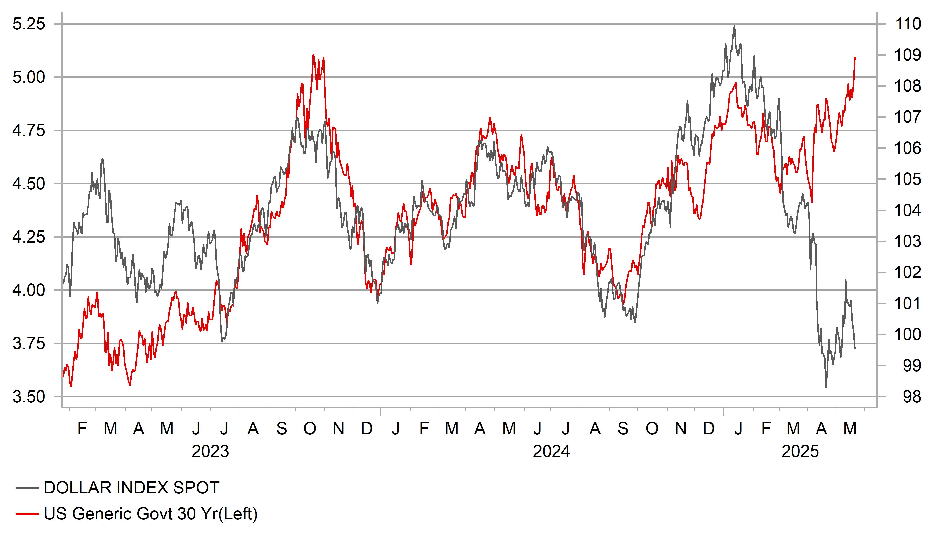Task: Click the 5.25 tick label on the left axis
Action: pyautogui.click(x=29, y=24)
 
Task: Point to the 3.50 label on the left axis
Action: pyautogui.click(x=29, y=397)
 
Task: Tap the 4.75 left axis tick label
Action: pyautogui.click(x=29, y=130)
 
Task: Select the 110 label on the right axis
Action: pyautogui.click(x=908, y=24)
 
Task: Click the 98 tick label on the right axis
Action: pyautogui.click(x=912, y=397)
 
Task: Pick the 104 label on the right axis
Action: pyautogui.click(x=908, y=210)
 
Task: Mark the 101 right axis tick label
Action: pyautogui.click(x=908, y=304)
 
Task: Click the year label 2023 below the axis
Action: pyautogui.click(x=210, y=452)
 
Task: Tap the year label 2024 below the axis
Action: pyautogui.click(x=551, y=452)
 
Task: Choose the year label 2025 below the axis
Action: pyautogui.click(x=800, y=452)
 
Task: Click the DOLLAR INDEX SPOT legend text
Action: pyautogui.click(x=132, y=488)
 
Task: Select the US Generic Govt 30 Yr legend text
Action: pyautogui.click(x=150, y=514)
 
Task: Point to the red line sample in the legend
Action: pyautogui.click(x=27, y=514)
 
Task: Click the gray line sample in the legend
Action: pyautogui.click(x=27, y=488)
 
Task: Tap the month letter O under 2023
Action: pyautogui.click(x=310, y=429)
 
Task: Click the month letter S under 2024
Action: pyautogui.click(x=623, y=429)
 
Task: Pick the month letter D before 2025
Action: pyautogui.click(x=709, y=429)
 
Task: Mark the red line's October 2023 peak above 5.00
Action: pyautogui.click(x=314, y=54)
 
